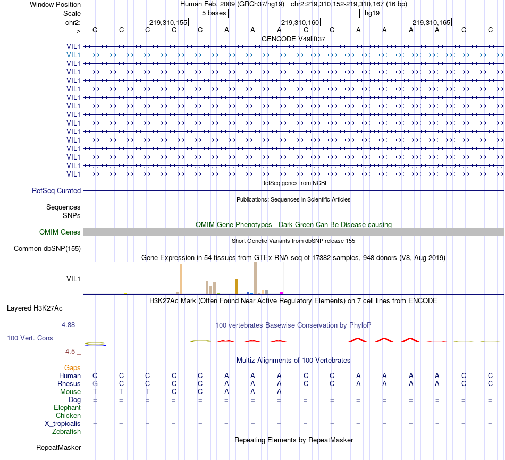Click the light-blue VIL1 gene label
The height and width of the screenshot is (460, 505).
click(73, 55)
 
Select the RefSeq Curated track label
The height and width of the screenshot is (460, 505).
click(56, 190)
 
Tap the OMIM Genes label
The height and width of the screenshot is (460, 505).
click(60, 232)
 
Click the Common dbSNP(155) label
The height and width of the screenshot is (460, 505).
click(47, 248)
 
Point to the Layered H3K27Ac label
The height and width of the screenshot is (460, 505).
click(35, 308)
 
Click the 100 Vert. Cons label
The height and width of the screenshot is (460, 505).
click(30, 338)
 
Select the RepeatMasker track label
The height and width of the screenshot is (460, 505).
click(58, 447)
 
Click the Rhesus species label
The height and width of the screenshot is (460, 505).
click(69, 383)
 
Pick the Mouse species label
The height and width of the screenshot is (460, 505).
click(71, 391)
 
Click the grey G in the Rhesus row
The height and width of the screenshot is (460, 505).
click(95, 383)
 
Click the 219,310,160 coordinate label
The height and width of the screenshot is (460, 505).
click(300, 23)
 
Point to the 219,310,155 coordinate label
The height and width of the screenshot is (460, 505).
click(169, 23)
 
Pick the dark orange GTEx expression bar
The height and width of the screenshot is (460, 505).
click(237, 286)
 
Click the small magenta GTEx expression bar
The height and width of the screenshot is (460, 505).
click(281, 292)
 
